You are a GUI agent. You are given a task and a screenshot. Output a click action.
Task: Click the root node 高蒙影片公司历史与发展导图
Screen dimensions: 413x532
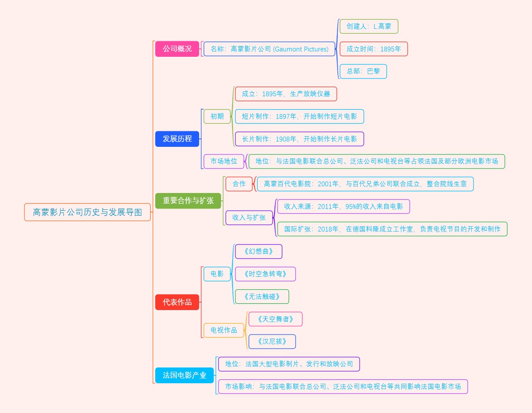click(x=87, y=212)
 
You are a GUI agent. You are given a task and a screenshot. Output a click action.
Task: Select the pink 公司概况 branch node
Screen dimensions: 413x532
click(x=177, y=49)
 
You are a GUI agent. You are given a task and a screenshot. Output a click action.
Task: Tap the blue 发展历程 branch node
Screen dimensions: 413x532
click(x=177, y=139)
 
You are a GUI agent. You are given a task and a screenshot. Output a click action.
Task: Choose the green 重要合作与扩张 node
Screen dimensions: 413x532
click(x=188, y=201)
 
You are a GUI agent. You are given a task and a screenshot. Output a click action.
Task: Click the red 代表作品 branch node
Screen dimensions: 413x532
click(x=177, y=302)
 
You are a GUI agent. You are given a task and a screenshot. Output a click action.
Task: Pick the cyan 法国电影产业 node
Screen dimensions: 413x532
click(x=184, y=375)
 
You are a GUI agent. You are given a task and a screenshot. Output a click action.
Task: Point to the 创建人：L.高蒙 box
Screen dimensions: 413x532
click(x=369, y=26)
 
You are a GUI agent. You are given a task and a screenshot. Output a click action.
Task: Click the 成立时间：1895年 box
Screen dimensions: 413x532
click(x=373, y=49)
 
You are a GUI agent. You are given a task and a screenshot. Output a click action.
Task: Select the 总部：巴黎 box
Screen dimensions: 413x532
click(x=363, y=71)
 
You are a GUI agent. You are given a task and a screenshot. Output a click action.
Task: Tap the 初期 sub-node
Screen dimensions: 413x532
click(x=217, y=116)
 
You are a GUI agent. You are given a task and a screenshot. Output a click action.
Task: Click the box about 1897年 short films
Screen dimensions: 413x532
click(x=299, y=116)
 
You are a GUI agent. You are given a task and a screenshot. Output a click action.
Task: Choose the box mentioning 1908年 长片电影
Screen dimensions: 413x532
click(x=299, y=139)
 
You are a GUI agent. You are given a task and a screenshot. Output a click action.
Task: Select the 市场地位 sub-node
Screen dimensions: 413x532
click(x=223, y=161)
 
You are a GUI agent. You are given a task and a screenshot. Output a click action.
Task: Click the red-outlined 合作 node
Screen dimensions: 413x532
click(x=239, y=184)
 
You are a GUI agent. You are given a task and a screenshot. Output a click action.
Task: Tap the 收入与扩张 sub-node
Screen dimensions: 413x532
click(x=249, y=217)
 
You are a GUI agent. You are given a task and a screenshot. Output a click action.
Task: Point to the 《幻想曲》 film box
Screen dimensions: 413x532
click(x=258, y=252)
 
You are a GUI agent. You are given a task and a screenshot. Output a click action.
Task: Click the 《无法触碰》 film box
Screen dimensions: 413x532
click(x=262, y=296)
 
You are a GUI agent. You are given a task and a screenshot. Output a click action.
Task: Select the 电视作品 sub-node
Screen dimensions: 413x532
click(x=223, y=330)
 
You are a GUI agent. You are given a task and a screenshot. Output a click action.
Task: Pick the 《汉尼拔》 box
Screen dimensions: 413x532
click(x=272, y=342)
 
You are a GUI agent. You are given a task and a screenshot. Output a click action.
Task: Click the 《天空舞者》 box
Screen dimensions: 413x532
click(x=275, y=319)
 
